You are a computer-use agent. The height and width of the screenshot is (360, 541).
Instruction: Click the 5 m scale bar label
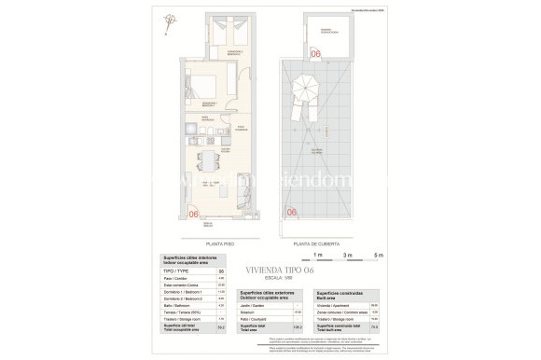[377, 255]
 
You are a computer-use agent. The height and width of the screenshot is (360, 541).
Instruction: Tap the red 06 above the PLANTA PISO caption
[194, 214]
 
